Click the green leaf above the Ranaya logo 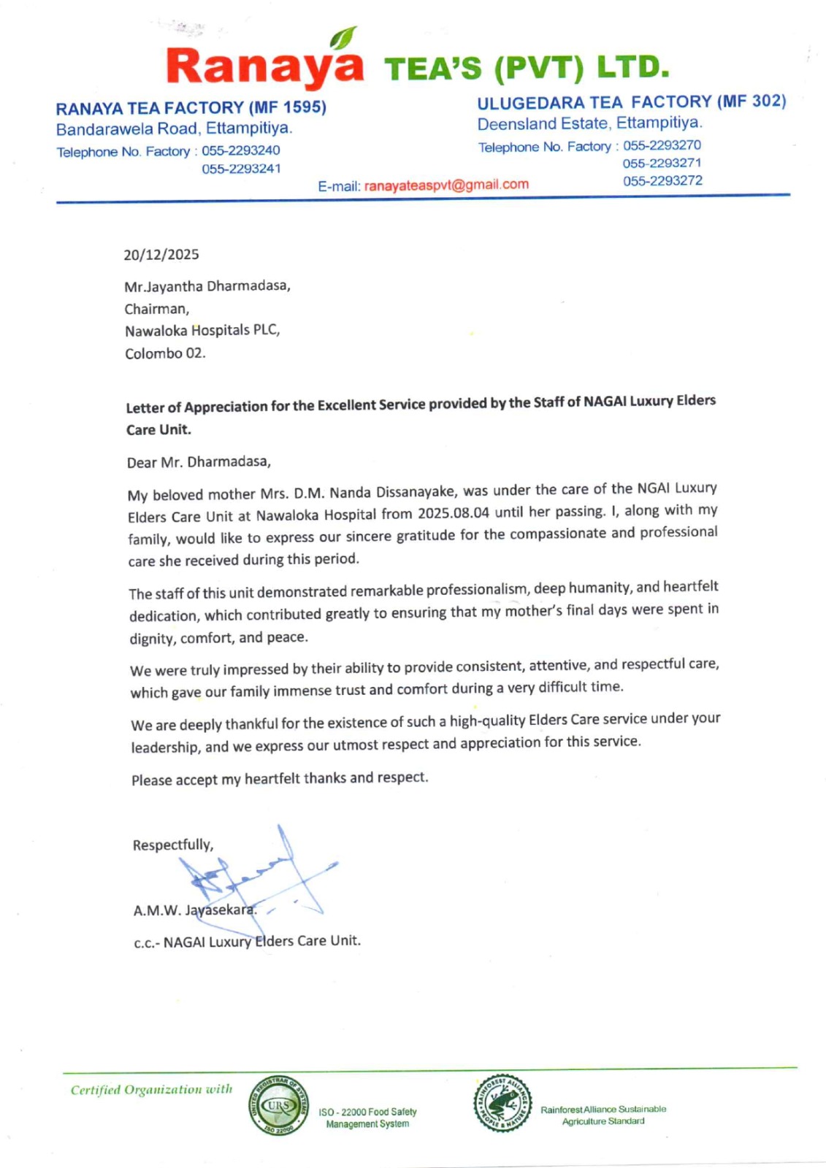click(343, 36)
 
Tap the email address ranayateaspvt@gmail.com click(446, 185)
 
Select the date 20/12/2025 click(161, 255)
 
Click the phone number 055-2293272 click(662, 180)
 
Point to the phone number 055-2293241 click(241, 169)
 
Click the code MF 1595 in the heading click(286, 107)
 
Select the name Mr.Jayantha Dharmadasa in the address click(207, 286)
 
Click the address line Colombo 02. click(165, 353)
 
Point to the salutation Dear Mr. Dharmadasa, click(199, 462)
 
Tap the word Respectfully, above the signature click(173, 845)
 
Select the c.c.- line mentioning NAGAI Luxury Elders click(247, 942)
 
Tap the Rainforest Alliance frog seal click(502, 1103)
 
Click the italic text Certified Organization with click(151, 1090)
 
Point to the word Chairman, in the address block click(156, 309)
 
